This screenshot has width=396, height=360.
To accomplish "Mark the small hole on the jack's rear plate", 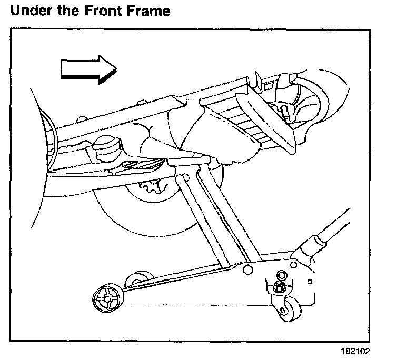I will coord(281,275).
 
